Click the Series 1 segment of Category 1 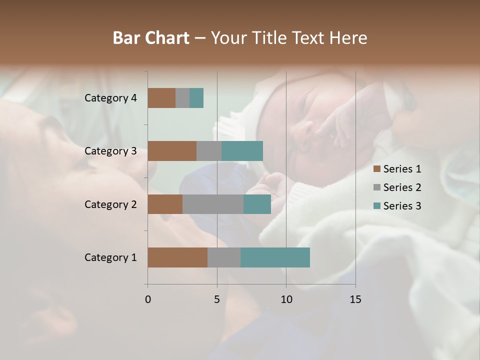click(177, 257)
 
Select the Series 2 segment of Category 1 click(224, 257)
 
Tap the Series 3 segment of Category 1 click(275, 257)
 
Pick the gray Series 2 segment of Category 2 click(213, 204)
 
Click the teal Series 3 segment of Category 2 click(257, 204)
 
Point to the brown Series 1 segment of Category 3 click(172, 151)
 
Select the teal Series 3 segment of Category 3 click(242, 151)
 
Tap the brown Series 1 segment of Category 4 click(161, 98)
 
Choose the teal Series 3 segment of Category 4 click(196, 98)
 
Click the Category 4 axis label click(110, 98)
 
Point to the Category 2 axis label click(110, 204)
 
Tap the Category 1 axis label click(110, 257)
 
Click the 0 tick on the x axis click(148, 299)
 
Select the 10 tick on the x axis click(286, 299)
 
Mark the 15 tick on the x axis click(355, 299)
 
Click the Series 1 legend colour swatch click(376, 169)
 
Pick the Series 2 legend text click(402, 187)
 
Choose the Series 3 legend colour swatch click(376, 206)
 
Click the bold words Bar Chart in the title click(151, 38)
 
